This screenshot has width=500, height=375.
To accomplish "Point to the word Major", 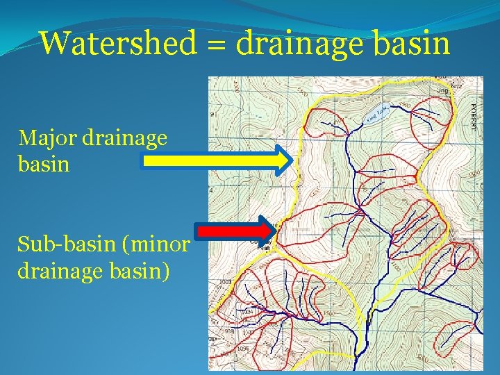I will pos(47,138).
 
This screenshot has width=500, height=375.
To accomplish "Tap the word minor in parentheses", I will pos(160,244).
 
